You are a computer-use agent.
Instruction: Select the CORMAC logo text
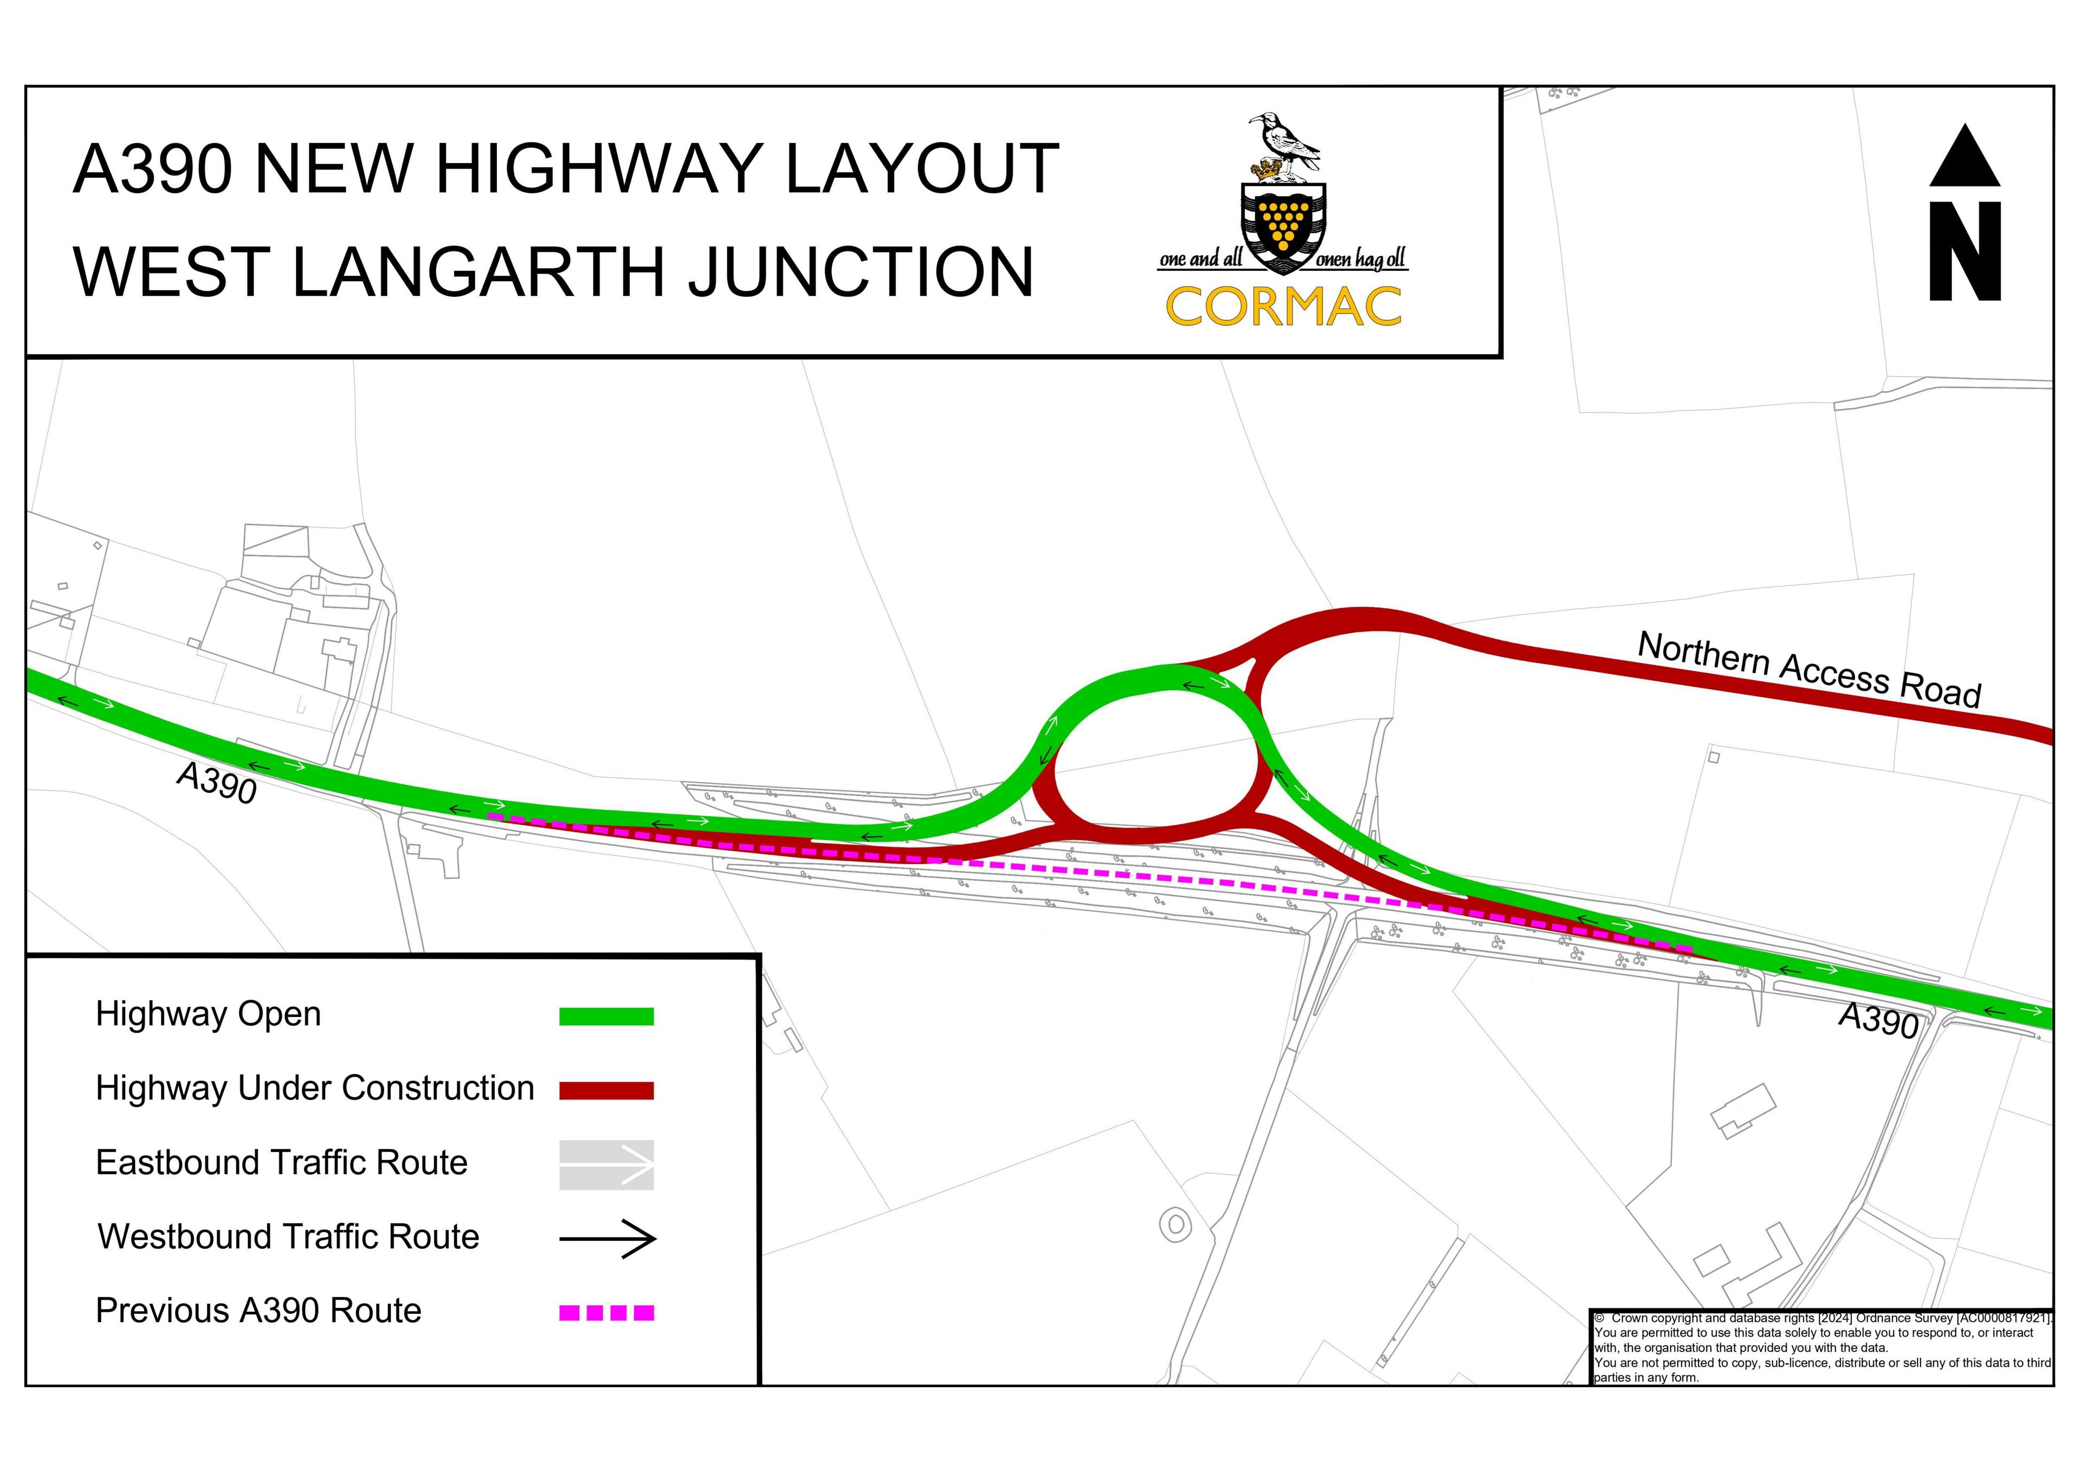1283,307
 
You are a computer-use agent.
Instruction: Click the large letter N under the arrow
1965,251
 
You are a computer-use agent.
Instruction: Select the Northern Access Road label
1809,669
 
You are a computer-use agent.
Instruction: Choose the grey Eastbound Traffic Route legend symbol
606,1165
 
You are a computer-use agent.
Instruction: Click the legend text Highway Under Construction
314,1088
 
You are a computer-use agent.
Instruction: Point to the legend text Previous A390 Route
258,1312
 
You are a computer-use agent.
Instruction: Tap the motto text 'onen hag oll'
1361,260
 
